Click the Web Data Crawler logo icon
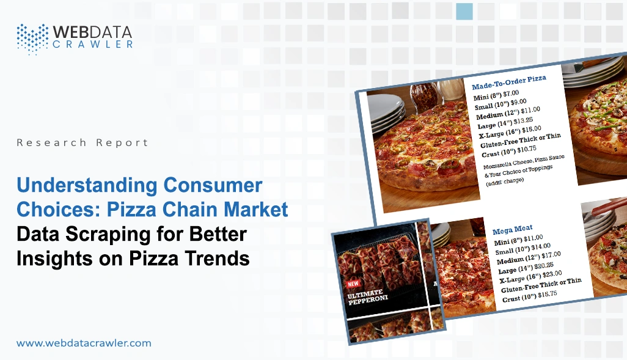(32, 39)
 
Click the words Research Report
(82, 142)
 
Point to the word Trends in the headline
(211, 258)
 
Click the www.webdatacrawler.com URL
(84, 343)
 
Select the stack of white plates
(386, 111)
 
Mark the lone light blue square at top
(464, 11)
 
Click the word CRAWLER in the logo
(93, 43)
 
